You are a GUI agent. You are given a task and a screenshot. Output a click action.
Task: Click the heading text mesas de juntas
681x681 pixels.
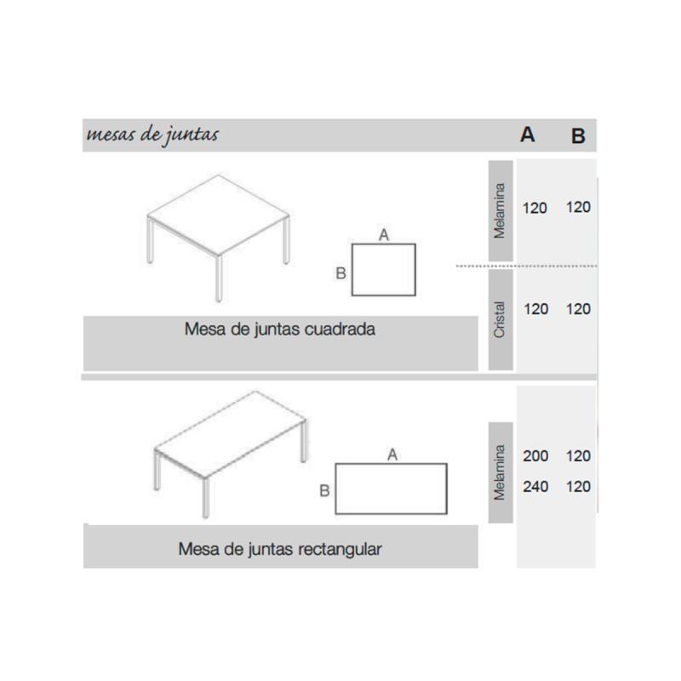(x=152, y=134)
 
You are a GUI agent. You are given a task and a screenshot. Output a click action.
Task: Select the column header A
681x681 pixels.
(x=528, y=134)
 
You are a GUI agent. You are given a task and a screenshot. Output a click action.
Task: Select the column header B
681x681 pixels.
(x=578, y=135)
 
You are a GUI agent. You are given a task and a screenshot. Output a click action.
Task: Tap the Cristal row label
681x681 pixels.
(x=501, y=320)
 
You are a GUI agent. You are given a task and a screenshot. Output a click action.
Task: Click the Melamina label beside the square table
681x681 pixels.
(x=501, y=210)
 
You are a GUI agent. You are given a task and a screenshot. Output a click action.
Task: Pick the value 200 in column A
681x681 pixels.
(x=535, y=456)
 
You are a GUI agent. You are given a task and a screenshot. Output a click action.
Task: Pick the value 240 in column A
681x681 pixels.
(x=535, y=488)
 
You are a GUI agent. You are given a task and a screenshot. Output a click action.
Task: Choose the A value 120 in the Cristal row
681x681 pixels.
(x=536, y=309)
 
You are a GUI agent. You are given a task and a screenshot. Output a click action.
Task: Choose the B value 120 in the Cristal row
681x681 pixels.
(x=578, y=309)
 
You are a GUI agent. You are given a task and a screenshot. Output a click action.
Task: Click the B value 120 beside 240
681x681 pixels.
(x=578, y=488)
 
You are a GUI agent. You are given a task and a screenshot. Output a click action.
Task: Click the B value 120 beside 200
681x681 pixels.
(x=578, y=456)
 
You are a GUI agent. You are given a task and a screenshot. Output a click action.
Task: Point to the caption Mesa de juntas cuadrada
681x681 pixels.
(x=280, y=329)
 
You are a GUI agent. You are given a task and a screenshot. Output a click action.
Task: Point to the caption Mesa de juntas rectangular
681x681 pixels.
(x=280, y=549)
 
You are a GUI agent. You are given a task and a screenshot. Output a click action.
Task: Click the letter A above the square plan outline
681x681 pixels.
(x=384, y=234)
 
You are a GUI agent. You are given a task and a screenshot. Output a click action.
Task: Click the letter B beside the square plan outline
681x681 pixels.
(x=340, y=273)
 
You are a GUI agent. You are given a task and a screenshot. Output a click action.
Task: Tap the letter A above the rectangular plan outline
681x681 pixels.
(x=392, y=454)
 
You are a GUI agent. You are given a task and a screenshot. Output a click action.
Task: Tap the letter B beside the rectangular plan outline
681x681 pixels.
(x=324, y=490)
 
